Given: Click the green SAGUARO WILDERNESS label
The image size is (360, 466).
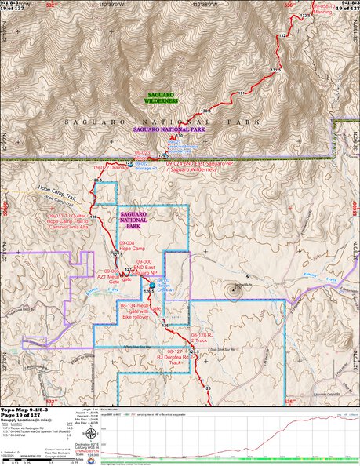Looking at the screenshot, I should coord(162,97).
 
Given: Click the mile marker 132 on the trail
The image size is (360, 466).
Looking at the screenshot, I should coord(282,36).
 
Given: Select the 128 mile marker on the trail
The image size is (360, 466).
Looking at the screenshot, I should coord(93,216).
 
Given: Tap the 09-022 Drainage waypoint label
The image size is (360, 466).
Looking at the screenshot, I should coord(109,167).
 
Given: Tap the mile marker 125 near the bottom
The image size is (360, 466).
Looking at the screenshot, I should coord(207,390).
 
